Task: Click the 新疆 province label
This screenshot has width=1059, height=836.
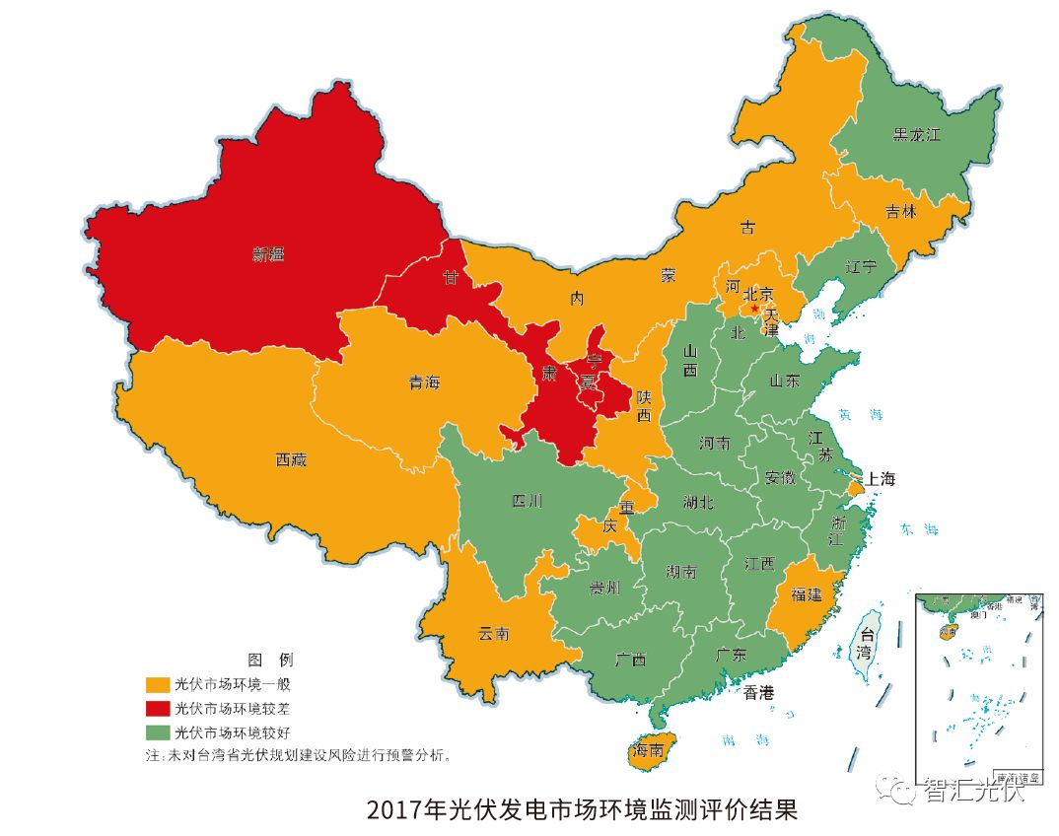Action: click(x=267, y=254)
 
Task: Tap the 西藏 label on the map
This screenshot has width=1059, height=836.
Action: click(x=291, y=459)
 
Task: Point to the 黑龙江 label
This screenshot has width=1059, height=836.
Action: click(x=916, y=134)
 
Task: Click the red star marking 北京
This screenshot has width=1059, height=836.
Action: click(x=755, y=309)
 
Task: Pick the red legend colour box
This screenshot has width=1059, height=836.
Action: click(x=157, y=708)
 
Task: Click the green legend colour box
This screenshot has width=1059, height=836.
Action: click(x=157, y=732)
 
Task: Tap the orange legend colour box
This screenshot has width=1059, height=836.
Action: click(x=157, y=683)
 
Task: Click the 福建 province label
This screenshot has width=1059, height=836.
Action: click(x=806, y=594)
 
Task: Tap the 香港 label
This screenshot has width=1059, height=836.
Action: click(x=759, y=693)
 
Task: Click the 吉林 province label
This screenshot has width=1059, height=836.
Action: click(x=900, y=211)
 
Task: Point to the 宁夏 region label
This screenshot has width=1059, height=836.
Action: click(x=592, y=372)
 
